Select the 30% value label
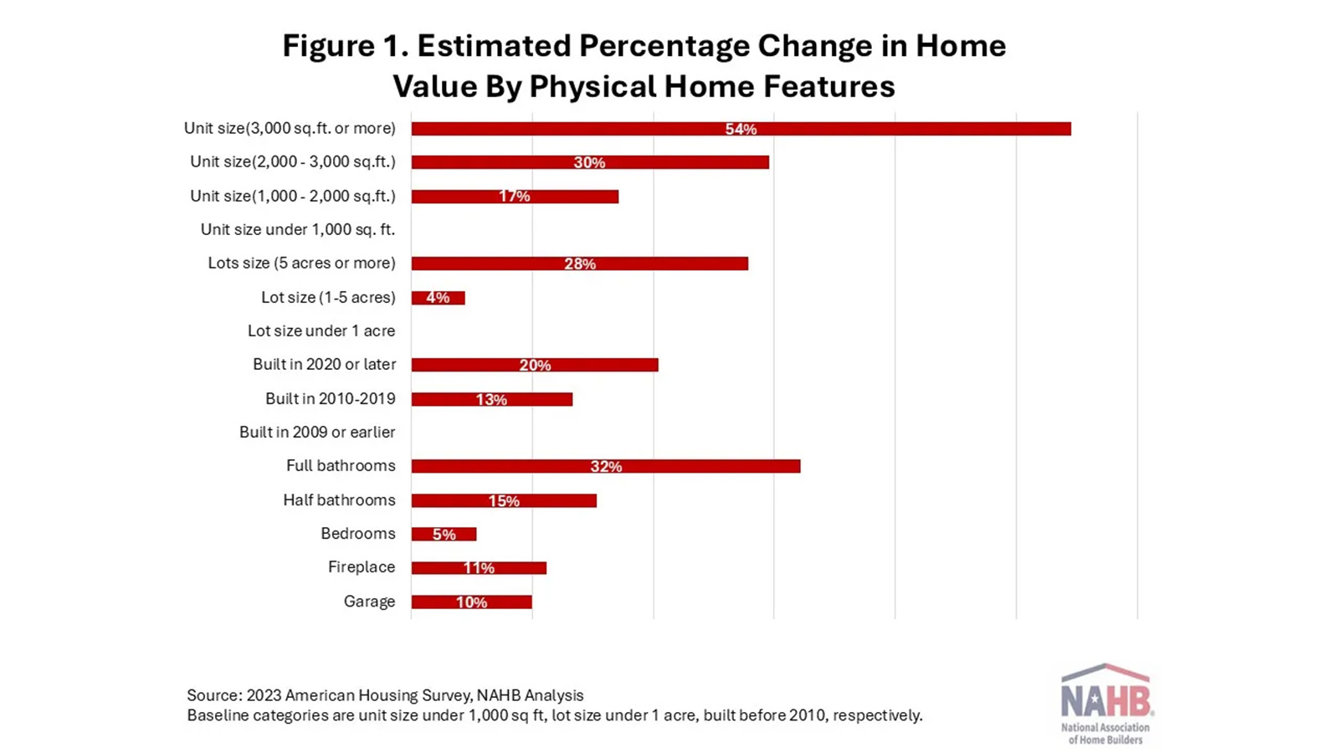pyautogui.click(x=589, y=162)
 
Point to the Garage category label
pyautogui.click(x=369, y=602)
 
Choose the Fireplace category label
pyautogui.click(x=362, y=567)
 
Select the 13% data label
pyautogui.click(x=491, y=400)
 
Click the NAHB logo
pyautogui.click(x=1106, y=703)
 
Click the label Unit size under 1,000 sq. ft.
pyautogui.click(x=297, y=229)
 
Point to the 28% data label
pyautogui.click(x=580, y=264)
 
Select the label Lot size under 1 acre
pyautogui.click(x=321, y=330)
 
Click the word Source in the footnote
pyautogui.click(x=213, y=695)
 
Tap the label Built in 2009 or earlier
pyautogui.click(x=317, y=432)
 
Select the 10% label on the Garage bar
pyautogui.click(x=471, y=602)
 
